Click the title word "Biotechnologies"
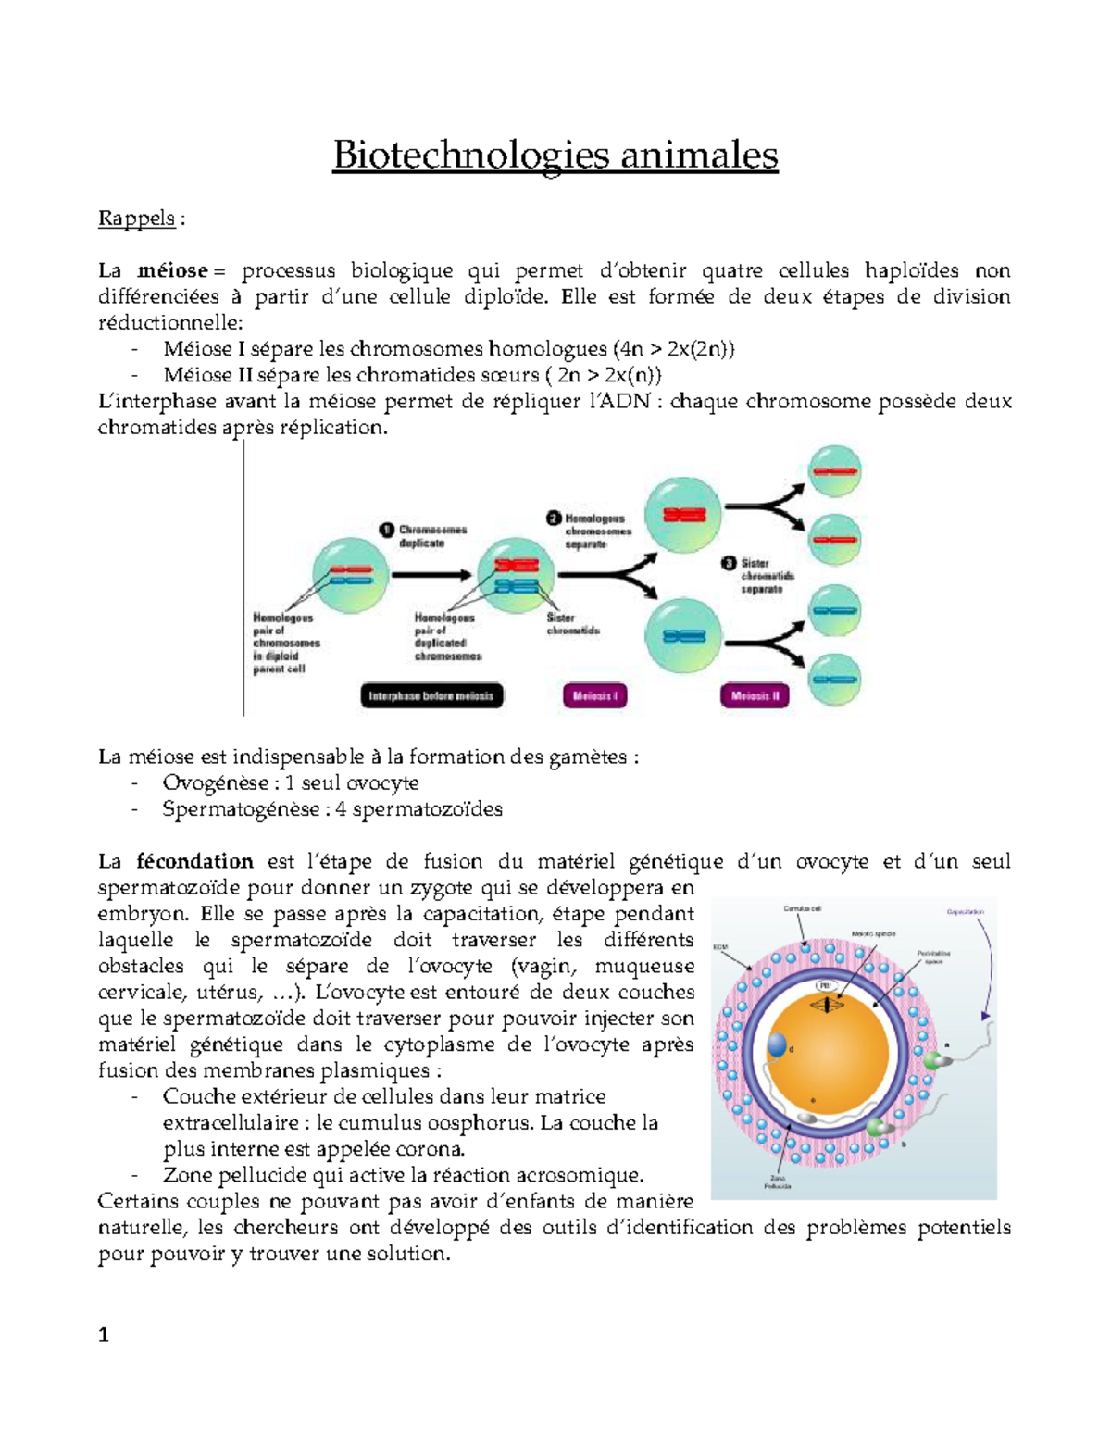click(x=470, y=156)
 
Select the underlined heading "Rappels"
click(x=136, y=219)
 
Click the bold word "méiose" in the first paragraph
click(x=172, y=271)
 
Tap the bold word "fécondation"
click(x=194, y=862)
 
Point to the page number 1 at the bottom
click(x=104, y=1334)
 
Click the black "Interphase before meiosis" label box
click(x=431, y=696)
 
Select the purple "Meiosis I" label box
click(x=594, y=696)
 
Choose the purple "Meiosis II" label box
click(x=755, y=696)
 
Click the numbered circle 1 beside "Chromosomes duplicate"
click(x=388, y=530)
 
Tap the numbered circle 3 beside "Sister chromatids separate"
click(x=729, y=563)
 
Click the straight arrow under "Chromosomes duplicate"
click(x=430, y=575)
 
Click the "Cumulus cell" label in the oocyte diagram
click(x=802, y=909)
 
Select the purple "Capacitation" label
click(x=965, y=912)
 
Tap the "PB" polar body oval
click(x=825, y=985)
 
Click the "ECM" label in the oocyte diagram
click(x=720, y=947)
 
